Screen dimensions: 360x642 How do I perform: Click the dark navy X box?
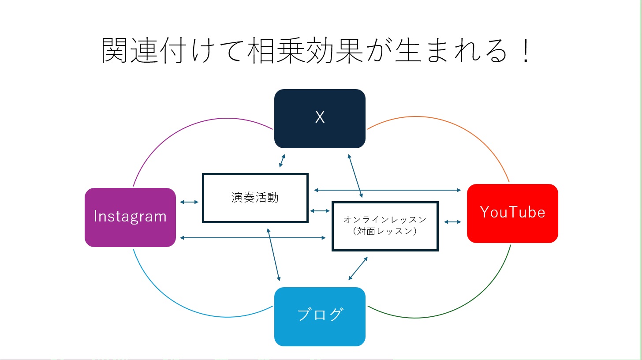pos(320,118)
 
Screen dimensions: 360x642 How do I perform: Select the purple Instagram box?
pos(130,217)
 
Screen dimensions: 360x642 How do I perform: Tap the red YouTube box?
pos(512,213)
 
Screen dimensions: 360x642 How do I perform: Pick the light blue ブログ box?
pos(320,316)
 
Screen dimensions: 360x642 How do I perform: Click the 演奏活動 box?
pos(255,198)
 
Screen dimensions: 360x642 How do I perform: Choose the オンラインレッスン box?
pos(385,226)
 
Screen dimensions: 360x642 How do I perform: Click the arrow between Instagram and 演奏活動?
pos(189,202)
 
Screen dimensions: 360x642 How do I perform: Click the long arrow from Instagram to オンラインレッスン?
pos(253,238)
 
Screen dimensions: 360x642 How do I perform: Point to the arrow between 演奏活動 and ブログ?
pos(273,254)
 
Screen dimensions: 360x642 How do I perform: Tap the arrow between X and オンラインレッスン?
pos(355,176)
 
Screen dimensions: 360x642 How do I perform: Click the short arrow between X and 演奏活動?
pos(282,161)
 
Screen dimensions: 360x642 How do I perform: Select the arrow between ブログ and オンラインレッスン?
pos(358,268)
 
